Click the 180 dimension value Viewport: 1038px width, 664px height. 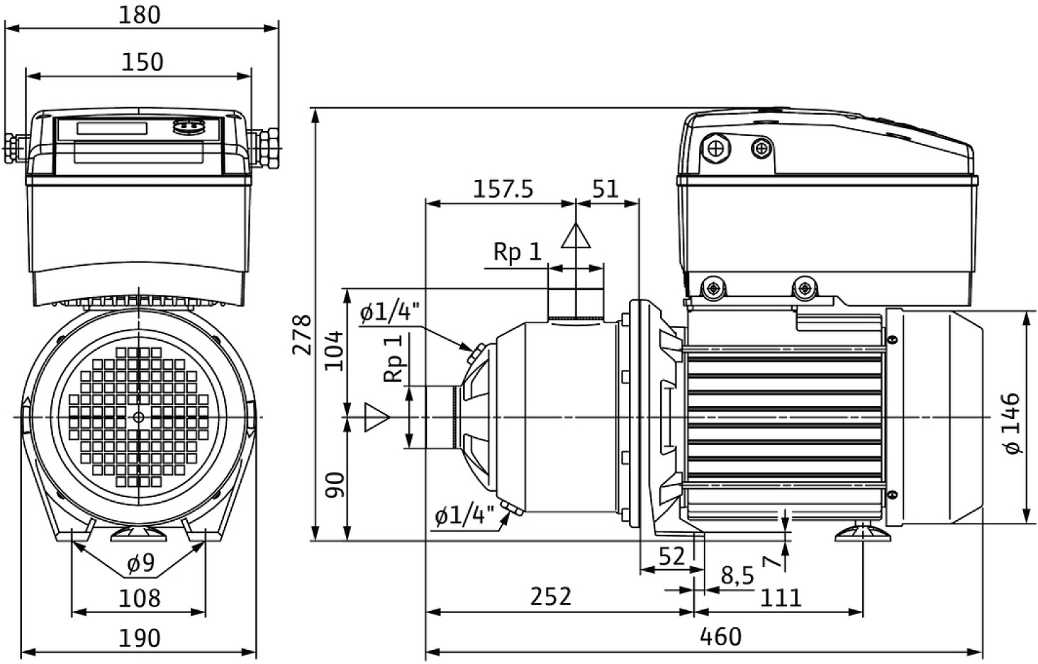pos(140,15)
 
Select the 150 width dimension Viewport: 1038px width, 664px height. pos(142,62)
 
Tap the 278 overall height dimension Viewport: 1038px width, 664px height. pos(301,334)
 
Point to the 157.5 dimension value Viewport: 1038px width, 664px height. pos(503,189)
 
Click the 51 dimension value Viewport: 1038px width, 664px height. pos(605,189)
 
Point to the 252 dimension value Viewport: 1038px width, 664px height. pos(551,597)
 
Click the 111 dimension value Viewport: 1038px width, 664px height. pos(781,597)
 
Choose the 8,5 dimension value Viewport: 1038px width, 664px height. pos(737,575)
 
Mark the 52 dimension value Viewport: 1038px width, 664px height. pos(672,556)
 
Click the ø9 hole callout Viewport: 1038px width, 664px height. pos(140,564)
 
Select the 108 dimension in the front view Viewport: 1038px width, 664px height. pos(139,597)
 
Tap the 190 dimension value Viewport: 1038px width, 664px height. pos(139,638)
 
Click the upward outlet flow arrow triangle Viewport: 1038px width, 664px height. pos(575,236)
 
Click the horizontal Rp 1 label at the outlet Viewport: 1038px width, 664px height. pos(518,252)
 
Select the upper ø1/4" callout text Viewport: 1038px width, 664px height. pos(389,312)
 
